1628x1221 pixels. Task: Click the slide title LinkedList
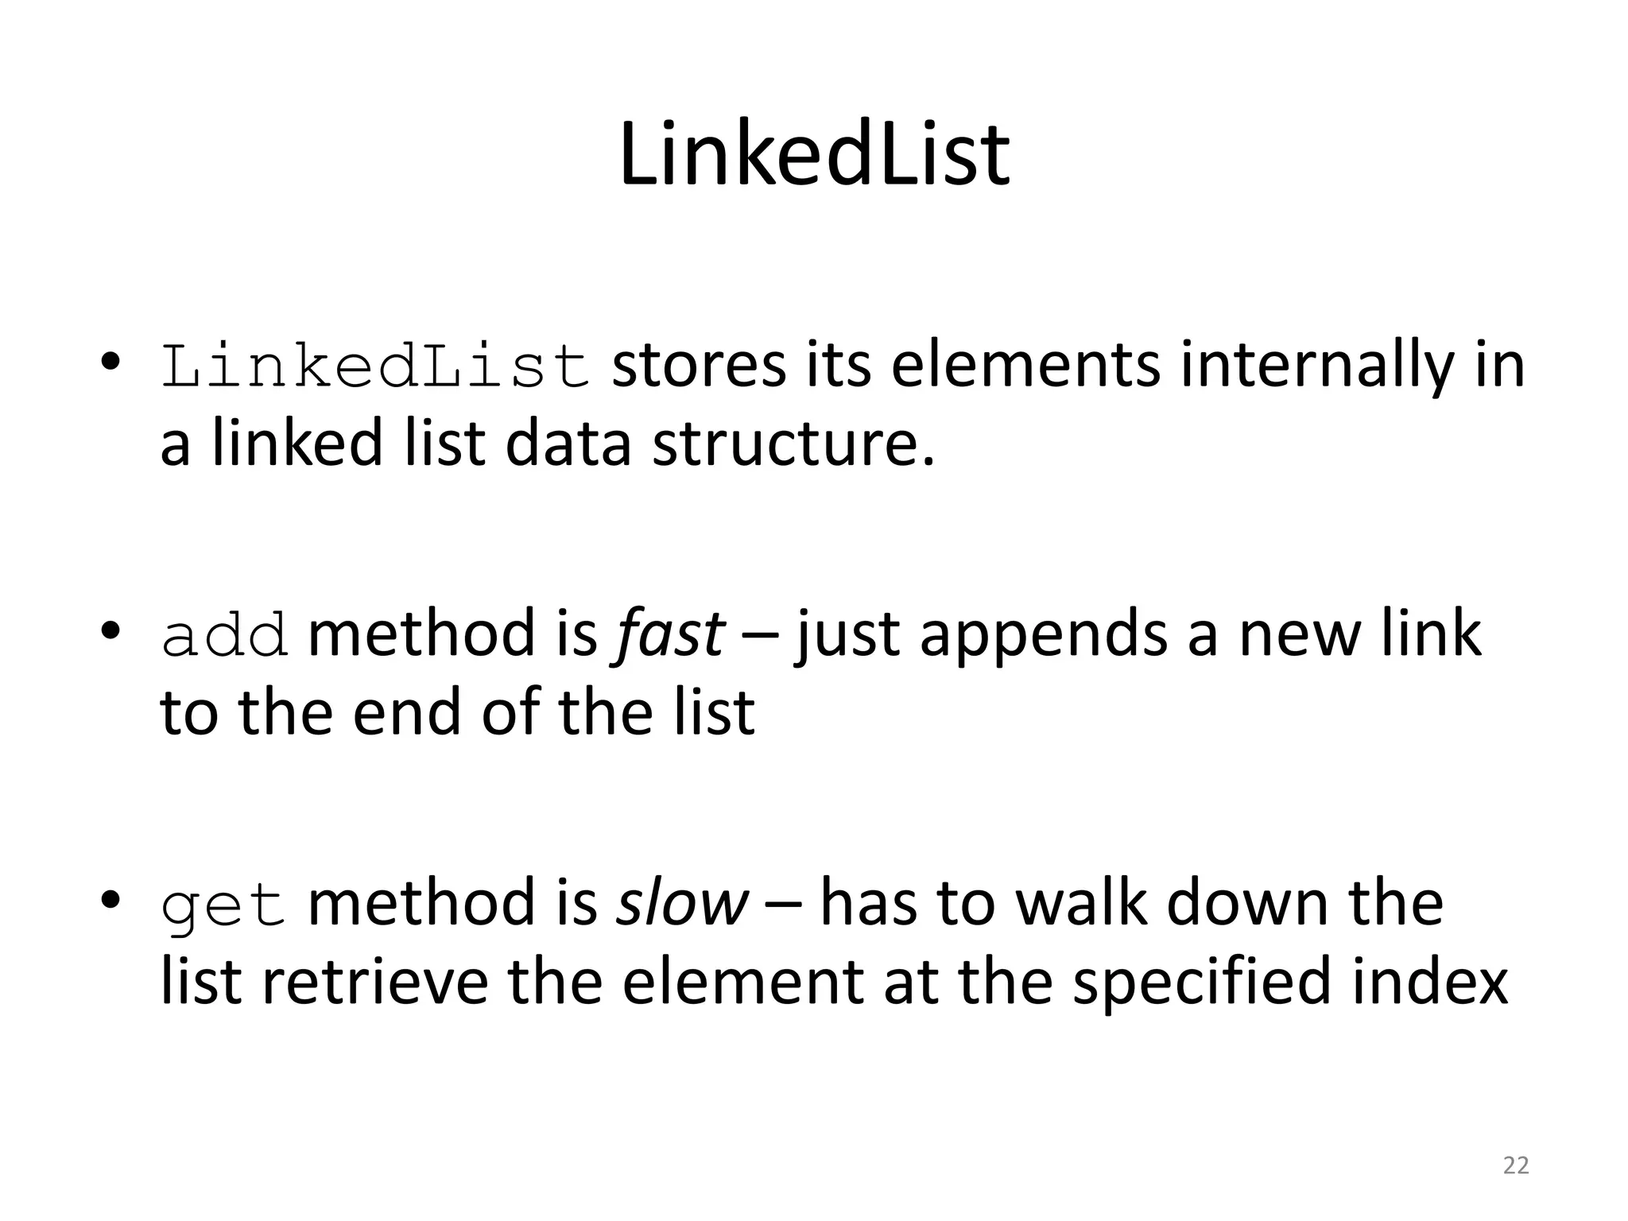click(x=814, y=155)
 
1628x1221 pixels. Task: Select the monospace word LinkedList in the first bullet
click(x=375, y=367)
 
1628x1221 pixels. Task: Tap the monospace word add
click(x=225, y=636)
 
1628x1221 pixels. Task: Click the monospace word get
click(x=223, y=906)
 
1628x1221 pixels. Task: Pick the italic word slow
click(x=682, y=903)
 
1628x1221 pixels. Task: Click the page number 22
click(x=1516, y=1165)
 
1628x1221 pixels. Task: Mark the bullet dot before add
click(x=110, y=632)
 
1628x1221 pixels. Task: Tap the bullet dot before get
click(x=110, y=901)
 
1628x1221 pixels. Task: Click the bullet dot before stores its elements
click(x=110, y=363)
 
